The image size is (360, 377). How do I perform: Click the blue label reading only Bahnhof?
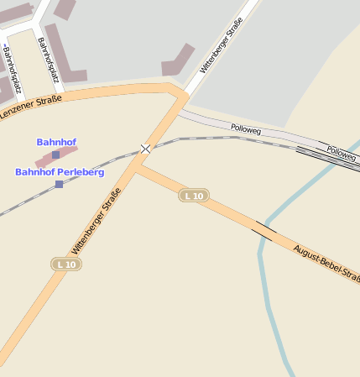(x=56, y=142)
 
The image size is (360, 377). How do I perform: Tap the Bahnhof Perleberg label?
(x=60, y=172)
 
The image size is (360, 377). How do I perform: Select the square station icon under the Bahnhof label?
(x=56, y=155)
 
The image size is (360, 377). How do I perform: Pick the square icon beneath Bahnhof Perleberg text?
(x=59, y=184)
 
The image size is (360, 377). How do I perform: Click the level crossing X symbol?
(x=146, y=149)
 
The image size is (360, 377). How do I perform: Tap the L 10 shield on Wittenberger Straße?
(x=66, y=264)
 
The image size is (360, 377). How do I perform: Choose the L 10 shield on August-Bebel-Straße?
(x=194, y=196)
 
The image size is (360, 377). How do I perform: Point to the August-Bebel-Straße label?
(x=326, y=263)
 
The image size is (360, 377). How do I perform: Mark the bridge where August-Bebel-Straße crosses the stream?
(x=265, y=231)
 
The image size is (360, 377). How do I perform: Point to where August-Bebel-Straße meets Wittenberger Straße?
(x=137, y=169)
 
